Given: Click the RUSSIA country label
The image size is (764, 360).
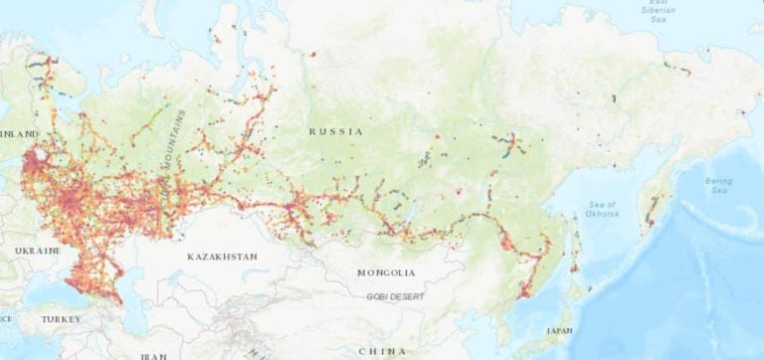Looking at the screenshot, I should tap(335, 131).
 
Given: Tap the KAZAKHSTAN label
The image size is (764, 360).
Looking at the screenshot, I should tap(222, 257).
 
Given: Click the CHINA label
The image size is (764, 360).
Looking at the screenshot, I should tap(382, 350).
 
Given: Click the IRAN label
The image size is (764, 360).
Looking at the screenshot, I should tap(153, 355).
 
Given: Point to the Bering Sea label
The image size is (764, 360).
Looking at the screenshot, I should tap(717, 186).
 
